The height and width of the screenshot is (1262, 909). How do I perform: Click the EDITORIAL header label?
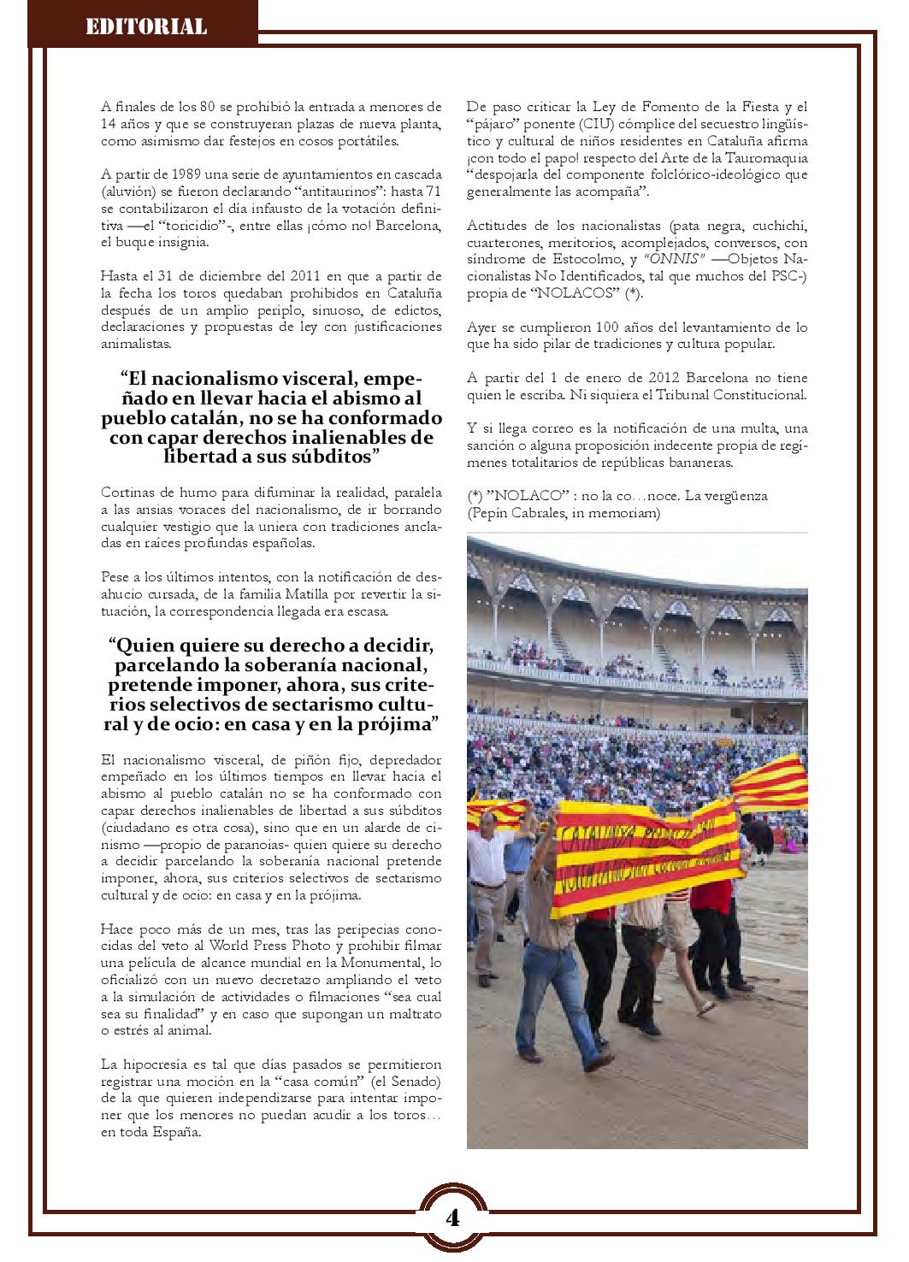click(x=146, y=27)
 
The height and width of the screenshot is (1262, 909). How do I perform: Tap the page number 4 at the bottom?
click(x=452, y=1217)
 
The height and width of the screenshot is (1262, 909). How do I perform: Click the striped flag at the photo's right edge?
click(x=774, y=782)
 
